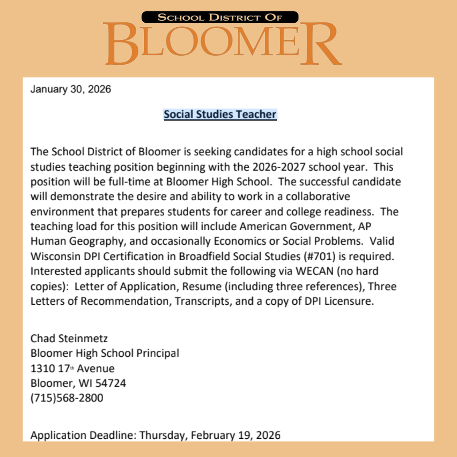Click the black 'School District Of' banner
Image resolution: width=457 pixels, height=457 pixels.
tap(220, 17)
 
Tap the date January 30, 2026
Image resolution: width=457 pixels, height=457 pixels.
tap(71, 89)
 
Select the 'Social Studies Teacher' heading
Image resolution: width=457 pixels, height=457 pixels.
tap(220, 115)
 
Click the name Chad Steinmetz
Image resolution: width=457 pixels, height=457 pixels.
tap(69, 338)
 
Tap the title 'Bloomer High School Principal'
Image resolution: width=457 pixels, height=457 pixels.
tap(105, 353)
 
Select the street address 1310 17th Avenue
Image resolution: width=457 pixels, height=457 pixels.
tap(72, 369)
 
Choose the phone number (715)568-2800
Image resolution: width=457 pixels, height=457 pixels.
tap(66, 398)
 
